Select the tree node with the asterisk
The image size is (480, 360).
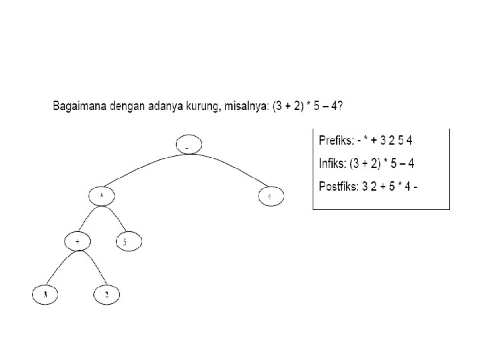(101, 195)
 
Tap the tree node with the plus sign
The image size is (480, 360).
(78, 241)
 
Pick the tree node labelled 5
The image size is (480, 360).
(129, 241)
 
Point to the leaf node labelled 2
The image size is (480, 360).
(106, 293)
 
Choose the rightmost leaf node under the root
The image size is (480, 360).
(271, 197)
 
